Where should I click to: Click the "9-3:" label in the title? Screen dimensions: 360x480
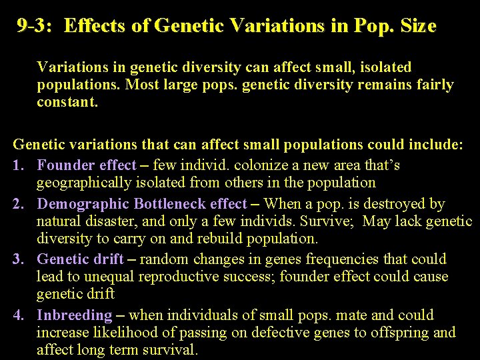point(39,27)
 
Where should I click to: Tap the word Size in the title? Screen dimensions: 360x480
point(415,27)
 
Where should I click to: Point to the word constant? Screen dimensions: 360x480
point(67,103)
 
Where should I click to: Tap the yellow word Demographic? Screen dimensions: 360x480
point(83,204)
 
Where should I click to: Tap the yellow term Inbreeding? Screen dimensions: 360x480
point(75,315)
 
